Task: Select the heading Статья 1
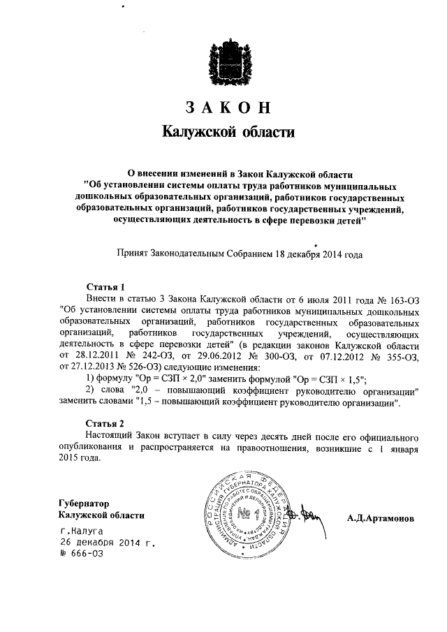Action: click(x=105, y=287)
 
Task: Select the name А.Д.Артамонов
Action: click(x=381, y=519)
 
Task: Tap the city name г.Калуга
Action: click(x=81, y=531)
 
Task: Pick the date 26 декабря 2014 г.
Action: click(x=108, y=542)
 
